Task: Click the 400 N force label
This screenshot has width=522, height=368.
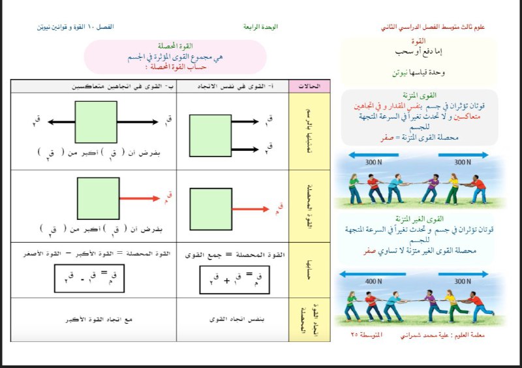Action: [374, 281]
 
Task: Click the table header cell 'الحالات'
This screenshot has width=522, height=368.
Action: [310, 86]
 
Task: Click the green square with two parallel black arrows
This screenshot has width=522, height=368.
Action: [209, 134]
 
